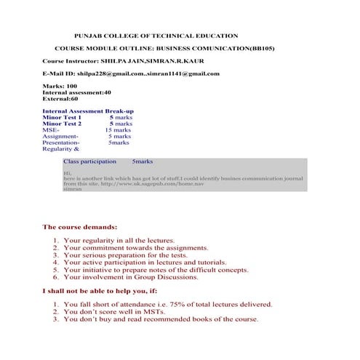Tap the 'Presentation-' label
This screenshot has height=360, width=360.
point(61,143)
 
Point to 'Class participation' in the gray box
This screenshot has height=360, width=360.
point(89,161)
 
